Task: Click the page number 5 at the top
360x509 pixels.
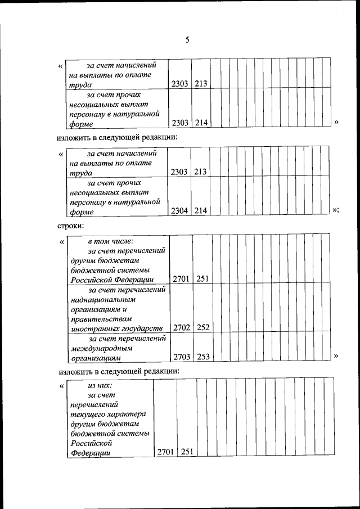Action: (187, 39)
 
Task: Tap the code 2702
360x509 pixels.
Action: (182, 327)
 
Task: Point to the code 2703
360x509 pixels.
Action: (182, 357)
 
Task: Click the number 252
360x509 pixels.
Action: (203, 327)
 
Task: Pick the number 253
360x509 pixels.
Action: (203, 357)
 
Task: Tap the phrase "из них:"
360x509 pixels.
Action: (100, 385)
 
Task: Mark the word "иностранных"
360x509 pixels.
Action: (93, 328)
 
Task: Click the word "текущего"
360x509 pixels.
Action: (88, 414)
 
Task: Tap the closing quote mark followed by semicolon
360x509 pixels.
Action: (335, 210)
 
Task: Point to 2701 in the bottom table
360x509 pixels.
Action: (166, 452)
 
